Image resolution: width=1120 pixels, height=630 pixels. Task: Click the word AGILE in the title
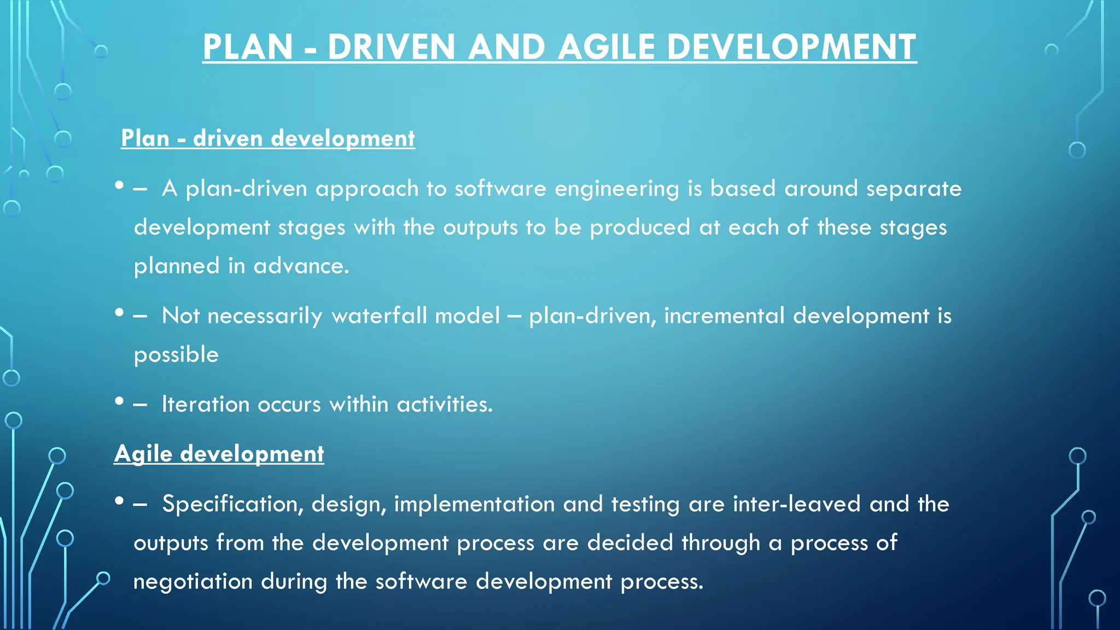tap(606, 47)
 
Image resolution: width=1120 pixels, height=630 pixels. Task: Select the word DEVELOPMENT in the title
tap(791, 47)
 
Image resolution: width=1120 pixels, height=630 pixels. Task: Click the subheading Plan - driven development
tap(267, 138)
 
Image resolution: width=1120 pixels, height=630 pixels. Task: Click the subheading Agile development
tap(219, 453)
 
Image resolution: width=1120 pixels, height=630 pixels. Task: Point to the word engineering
tap(616, 189)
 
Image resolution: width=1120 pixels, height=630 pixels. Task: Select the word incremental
tap(724, 316)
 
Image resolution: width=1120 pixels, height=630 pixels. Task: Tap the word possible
tap(176, 355)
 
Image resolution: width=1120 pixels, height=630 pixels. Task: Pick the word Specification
tap(232, 504)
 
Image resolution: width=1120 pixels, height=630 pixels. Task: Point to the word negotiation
tap(192, 581)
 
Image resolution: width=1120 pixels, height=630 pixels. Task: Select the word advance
tap(301, 266)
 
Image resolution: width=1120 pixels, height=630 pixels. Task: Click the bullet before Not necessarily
tap(119, 313)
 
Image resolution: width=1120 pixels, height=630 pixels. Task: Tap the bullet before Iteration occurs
tap(119, 402)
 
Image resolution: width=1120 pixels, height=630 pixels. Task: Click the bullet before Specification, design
tap(119, 501)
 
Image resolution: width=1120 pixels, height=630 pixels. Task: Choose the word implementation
tap(474, 504)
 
